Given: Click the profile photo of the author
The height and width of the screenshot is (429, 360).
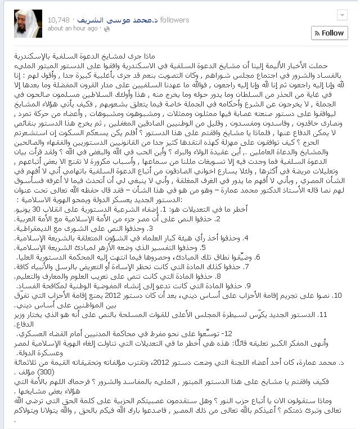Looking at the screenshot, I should click(x=28, y=23).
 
